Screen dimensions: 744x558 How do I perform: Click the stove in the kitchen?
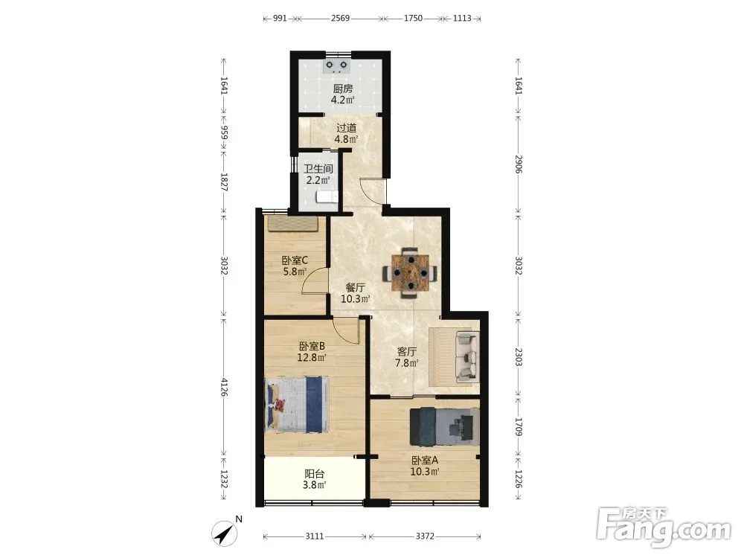pyautogui.click(x=336, y=66)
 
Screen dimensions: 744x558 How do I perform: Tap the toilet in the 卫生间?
pyautogui.click(x=327, y=197)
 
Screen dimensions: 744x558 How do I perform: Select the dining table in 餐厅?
pyautogui.click(x=411, y=273)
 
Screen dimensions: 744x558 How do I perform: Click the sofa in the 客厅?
pyautogui.click(x=466, y=356)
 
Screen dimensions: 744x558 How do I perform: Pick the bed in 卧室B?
pyautogui.click(x=296, y=404)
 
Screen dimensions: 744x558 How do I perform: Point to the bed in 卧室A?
pyautogui.click(x=443, y=426)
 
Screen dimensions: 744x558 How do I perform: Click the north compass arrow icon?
pyautogui.click(x=225, y=533)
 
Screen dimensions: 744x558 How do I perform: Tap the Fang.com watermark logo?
pyautogui.click(x=664, y=527)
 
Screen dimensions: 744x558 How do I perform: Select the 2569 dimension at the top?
pyautogui.click(x=340, y=19)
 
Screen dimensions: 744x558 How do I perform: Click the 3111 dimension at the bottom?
pyautogui.click(x=314, y=536)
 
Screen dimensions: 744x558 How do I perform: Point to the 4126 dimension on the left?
pyautogui.click(x=224, y=387)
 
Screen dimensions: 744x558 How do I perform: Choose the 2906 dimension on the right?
pyautogui.click(x=519, y=164)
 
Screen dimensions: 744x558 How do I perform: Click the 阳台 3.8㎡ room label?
pyautogui.click(x=314, y=479)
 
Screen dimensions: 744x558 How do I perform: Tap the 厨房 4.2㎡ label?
pyautogui.click(x=342, y=94)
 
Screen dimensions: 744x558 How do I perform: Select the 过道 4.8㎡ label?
pyautogui.click(x=346, y=133)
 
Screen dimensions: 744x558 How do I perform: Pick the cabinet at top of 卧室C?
pyautogui.click(x=292, y=223)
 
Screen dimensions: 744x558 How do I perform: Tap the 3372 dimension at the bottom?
pyautogui.click(x=425, y=536)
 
